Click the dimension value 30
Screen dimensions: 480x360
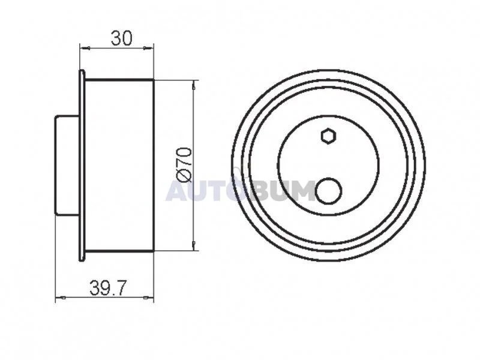(122, 38)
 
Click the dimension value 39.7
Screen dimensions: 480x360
(108, 288)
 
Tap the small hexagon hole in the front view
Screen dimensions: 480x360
(329, 136)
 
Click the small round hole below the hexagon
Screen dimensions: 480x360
(328, 191)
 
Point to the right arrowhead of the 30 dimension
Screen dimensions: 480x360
(148, 48)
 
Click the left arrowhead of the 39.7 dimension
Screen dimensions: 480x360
(61, 298)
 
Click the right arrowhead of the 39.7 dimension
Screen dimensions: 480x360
(148, 298)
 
